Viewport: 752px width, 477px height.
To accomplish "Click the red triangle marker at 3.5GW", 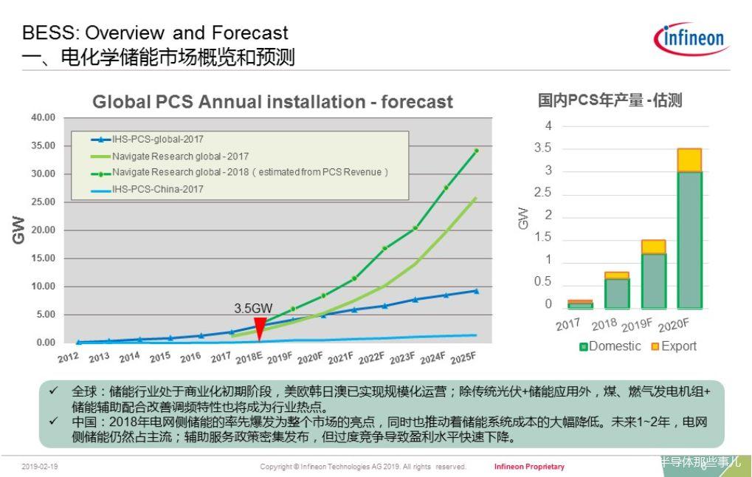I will [260, 329].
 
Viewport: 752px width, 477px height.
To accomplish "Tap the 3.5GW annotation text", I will [254, 308].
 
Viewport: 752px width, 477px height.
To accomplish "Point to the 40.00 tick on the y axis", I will [43, 117].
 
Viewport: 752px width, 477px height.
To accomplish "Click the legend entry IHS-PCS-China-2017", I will [157, 189].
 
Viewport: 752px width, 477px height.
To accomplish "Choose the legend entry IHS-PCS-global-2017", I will [157, 139].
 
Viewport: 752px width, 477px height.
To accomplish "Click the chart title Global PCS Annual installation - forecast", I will [272, 102].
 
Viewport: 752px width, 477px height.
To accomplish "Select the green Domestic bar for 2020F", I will [689, 240].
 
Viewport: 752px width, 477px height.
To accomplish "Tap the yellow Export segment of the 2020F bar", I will [689, 160].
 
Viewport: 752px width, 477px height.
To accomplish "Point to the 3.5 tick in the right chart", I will [542, 148].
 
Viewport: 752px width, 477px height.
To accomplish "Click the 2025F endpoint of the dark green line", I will [476, 151].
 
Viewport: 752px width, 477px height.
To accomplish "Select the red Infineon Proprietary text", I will [529, 467].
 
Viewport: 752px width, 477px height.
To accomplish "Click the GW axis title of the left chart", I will [19, 230].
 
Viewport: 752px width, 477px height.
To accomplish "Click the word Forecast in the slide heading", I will [249, 33].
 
